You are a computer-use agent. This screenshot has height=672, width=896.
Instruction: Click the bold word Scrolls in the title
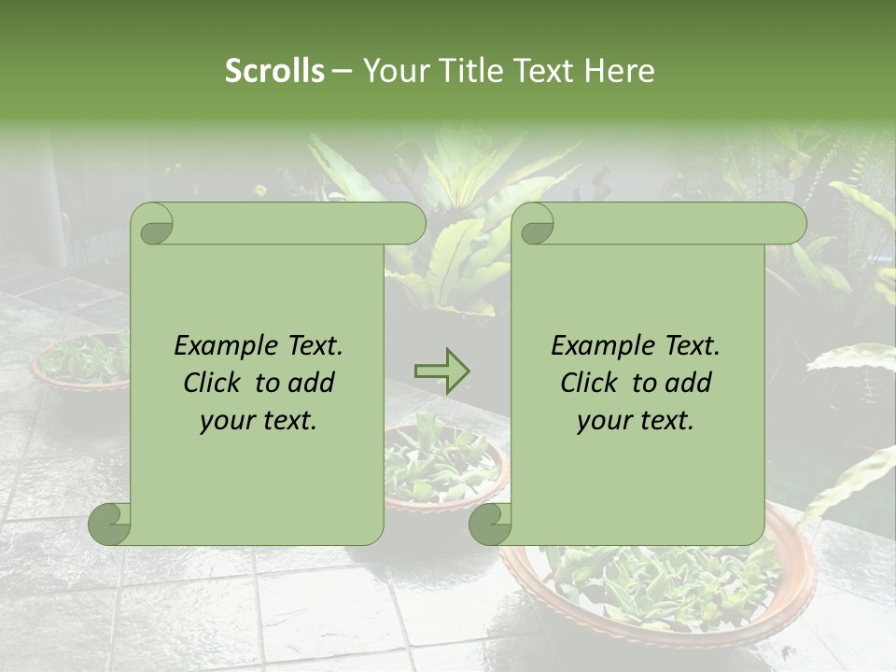[274, 70]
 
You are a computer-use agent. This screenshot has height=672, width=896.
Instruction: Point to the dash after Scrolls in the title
[342, 71]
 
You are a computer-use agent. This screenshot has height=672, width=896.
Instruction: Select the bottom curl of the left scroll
[110, 525]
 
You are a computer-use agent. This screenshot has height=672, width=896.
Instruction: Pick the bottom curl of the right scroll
[490, 525]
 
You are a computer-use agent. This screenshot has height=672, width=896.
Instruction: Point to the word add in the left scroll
[312, 383]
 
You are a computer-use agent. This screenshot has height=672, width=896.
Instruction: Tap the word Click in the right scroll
[591, 383]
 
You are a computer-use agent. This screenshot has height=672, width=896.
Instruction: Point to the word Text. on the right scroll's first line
[693, 345]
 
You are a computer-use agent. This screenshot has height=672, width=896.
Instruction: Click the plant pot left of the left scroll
[79, 364]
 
